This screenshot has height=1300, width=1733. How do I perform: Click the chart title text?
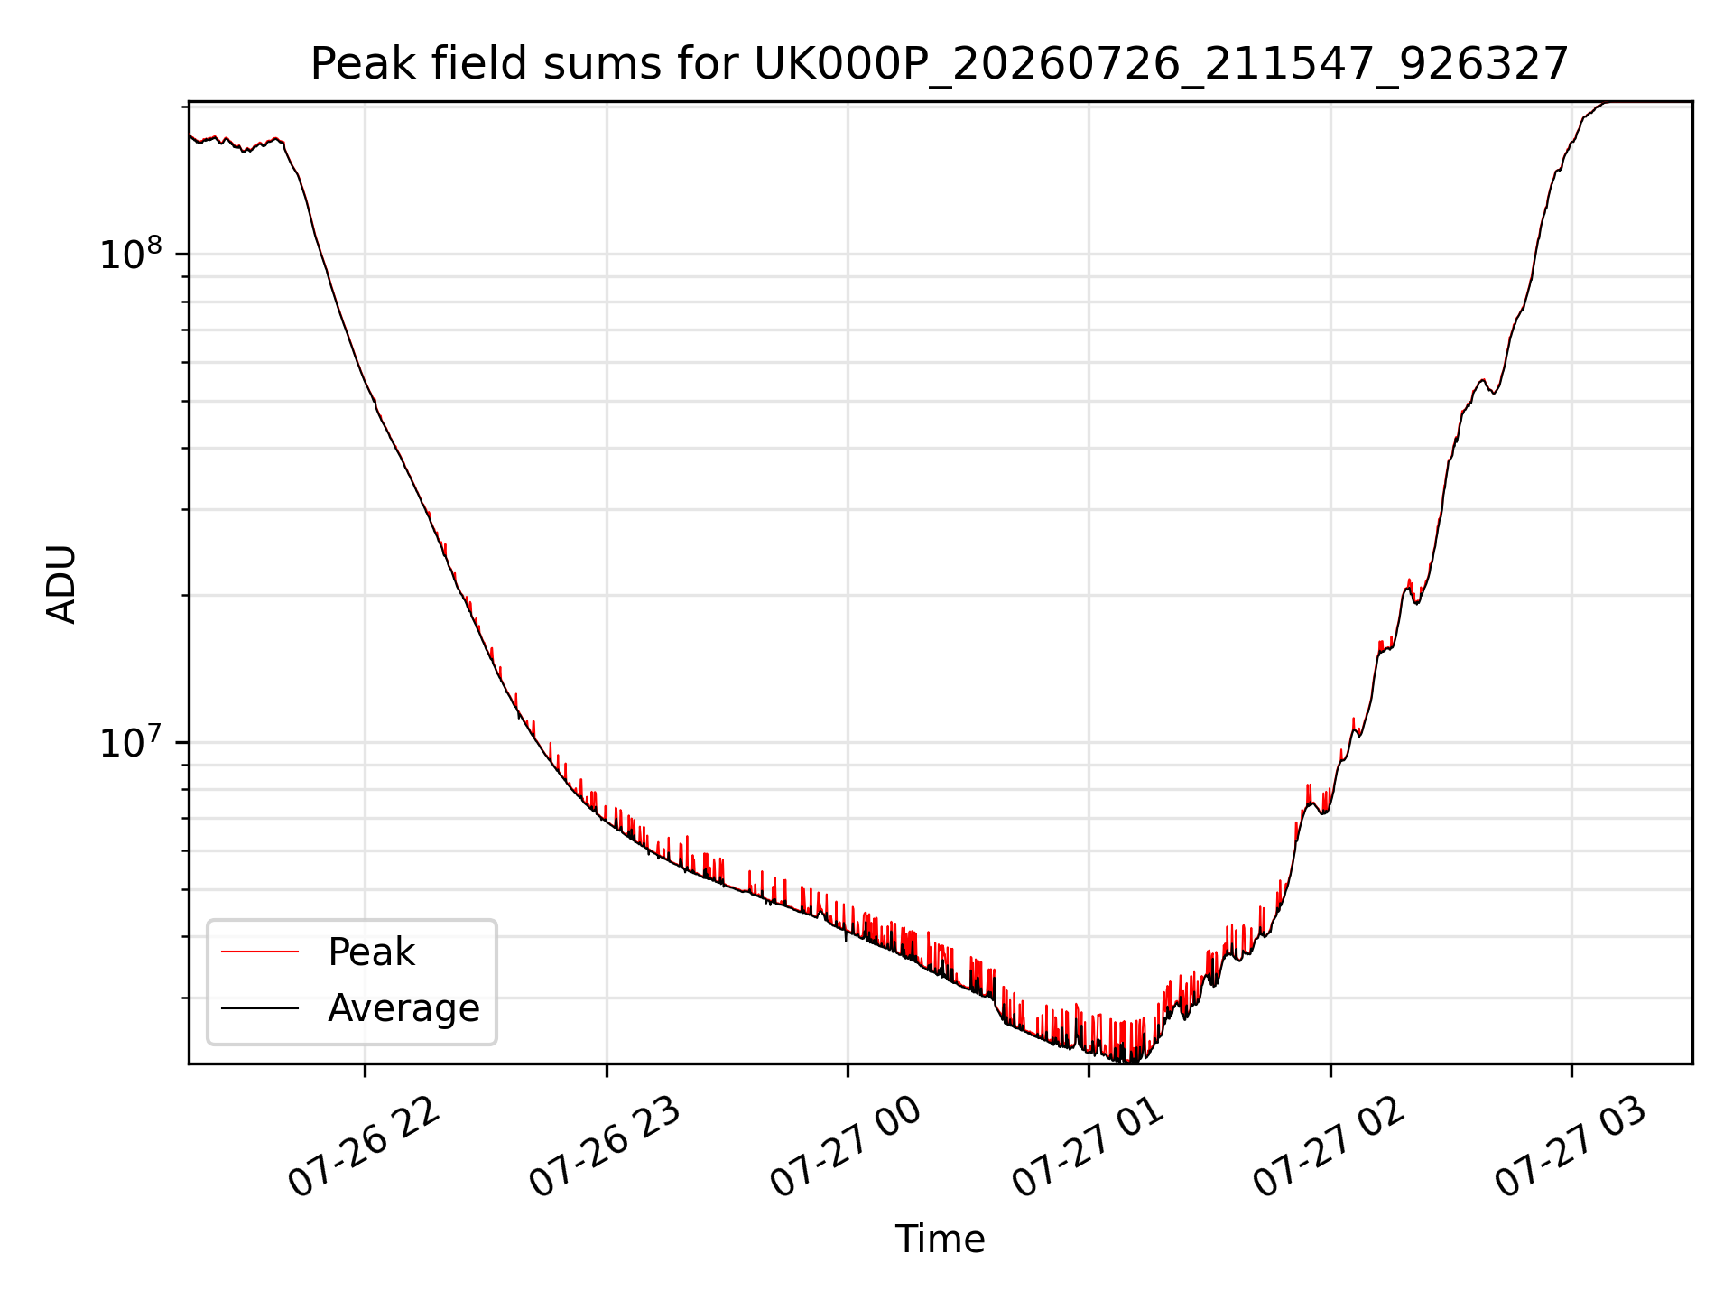click(940, 65)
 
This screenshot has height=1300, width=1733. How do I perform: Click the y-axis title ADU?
click(61, 583)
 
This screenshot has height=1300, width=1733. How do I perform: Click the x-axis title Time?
click(940, 1239)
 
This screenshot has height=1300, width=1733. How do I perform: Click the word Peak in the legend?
click(371, 952)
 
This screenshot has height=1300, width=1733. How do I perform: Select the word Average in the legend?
click(403, 1008)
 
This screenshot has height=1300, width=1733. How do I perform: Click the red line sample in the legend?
click(260, 952)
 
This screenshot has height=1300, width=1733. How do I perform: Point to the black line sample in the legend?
click(260, 1007)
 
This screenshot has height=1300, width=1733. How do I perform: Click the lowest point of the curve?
click(1126, 1061)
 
